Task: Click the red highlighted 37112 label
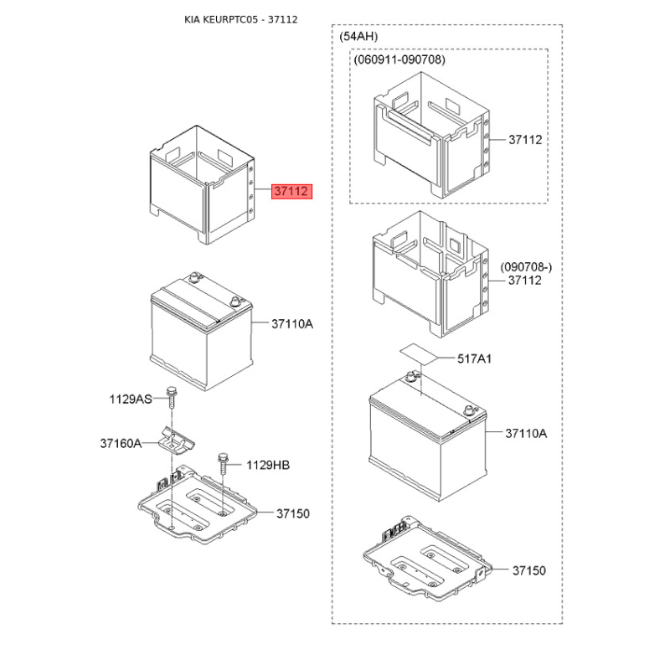[x=291, y=192]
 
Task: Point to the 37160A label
[x=122, y=443]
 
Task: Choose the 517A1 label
[x=474, y=358]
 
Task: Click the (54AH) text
[x=359, y=38]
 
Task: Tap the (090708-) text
[x=527, y=266]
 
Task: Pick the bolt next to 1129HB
[x=223, y=462]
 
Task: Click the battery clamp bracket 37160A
[x=175, y=440]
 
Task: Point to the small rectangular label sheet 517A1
[x=419, y=352]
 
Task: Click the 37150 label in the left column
[x=293, y=513]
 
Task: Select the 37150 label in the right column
[x=528, y=570]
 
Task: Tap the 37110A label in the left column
[x=291, y=323]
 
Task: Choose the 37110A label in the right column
[x=526, y=433]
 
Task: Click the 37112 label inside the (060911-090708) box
[x=525, y=140]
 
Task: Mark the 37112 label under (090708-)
[x=525, y=281]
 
